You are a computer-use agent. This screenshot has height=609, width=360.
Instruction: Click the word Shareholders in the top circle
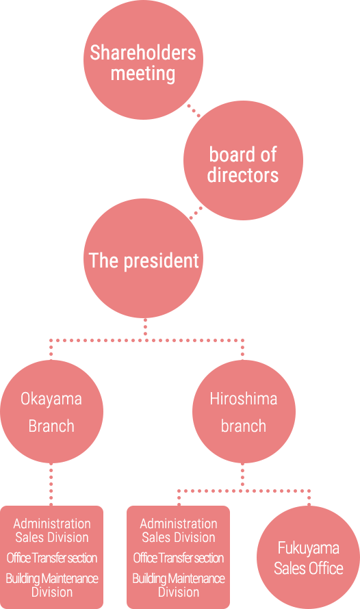click(143, 53)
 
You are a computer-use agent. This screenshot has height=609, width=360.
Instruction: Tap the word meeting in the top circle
click(143, 74)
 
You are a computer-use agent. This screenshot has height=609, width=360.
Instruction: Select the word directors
click(243, 174)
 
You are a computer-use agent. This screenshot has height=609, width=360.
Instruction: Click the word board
click(229, 154)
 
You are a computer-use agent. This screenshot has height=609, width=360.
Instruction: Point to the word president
click(161, 261)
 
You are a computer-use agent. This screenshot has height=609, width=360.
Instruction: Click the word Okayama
click(51, 399)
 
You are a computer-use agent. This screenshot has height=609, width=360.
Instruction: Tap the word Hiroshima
click(244, 399)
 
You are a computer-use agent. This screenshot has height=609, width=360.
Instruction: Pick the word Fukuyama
click(309, 548)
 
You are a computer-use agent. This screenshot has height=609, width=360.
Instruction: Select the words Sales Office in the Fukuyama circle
click(309, 568)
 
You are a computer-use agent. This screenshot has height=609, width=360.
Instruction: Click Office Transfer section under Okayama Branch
click(52, 558)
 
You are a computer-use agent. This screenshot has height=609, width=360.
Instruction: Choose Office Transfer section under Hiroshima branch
click(179, 558)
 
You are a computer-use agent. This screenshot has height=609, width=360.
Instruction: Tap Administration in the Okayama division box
click(52, 523)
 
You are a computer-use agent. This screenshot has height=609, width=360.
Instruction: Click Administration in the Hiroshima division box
click(179, 523)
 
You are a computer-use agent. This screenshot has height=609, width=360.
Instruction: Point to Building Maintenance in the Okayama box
click(52, 579)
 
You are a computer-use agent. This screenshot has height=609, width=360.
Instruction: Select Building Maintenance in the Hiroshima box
click(179, 579)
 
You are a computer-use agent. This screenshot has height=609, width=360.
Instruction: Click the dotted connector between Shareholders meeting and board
click(194, 110)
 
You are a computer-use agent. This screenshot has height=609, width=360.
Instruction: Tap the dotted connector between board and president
click(196, 213)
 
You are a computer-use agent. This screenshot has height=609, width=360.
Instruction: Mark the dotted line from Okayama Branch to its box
click(51, 484)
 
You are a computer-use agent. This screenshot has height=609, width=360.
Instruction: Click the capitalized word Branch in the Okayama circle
click(51, 426)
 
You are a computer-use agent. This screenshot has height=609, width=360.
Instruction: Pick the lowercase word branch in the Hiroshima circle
click(244, 426)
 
